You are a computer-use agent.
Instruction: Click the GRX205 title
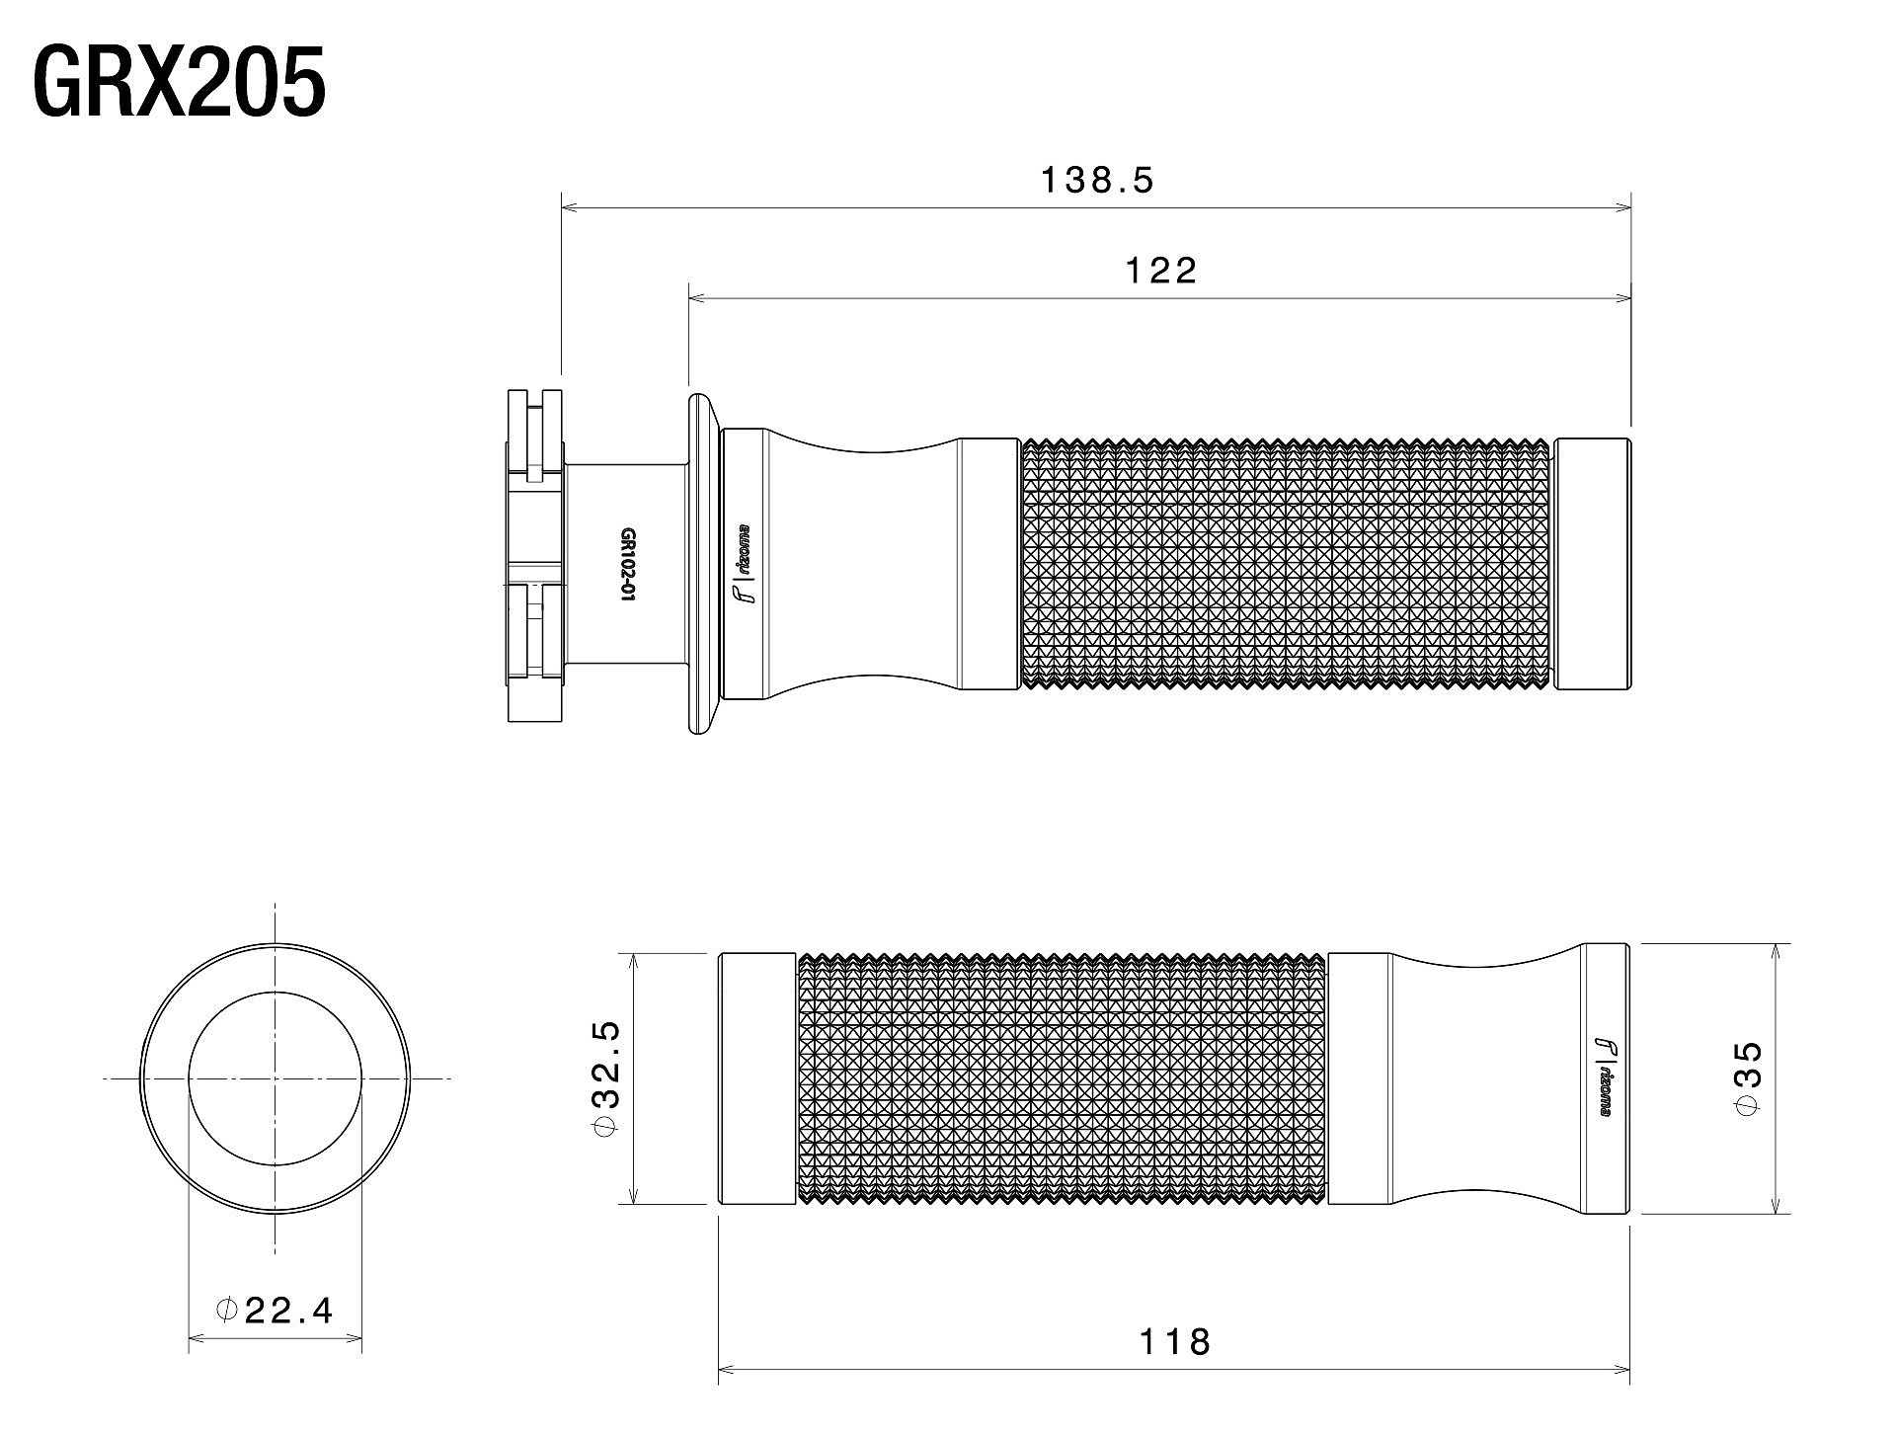coord(180,83)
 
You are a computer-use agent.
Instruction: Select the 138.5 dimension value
coord(1097,180)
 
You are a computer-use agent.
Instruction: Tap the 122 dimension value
coord(1161,270)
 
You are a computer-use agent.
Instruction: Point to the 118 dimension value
coord(1174,1341)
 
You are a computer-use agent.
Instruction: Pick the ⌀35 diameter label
coord(1747,1077)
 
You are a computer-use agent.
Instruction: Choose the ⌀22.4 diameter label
coord(275,1310)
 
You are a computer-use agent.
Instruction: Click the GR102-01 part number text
coord(626,564)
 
